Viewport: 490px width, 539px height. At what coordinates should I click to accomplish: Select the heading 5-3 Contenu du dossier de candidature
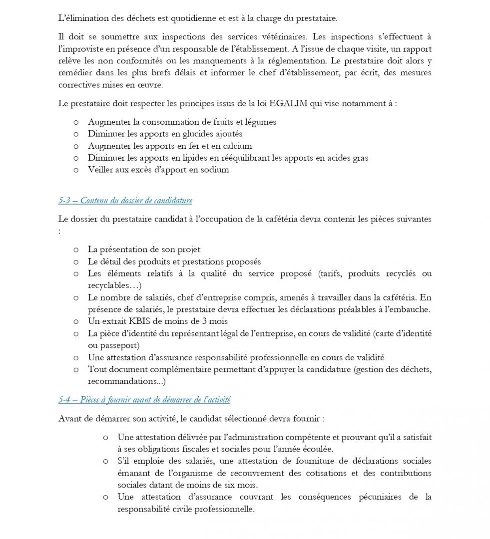point(125,201)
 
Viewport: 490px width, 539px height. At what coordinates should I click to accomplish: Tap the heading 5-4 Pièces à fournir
point(144,400)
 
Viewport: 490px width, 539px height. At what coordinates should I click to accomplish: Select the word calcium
point(236,146)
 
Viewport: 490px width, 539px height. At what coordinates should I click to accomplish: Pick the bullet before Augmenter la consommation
point(76,122)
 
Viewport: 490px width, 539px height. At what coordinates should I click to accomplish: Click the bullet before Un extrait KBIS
point(76,321)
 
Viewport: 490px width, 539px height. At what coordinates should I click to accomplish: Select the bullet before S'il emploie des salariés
point(106,461)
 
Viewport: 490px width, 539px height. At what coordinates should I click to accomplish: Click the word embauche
point(408,309)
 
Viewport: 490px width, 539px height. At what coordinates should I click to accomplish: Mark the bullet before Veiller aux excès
point(76,170)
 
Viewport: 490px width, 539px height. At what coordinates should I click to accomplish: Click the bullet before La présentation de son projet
point(76,250)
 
